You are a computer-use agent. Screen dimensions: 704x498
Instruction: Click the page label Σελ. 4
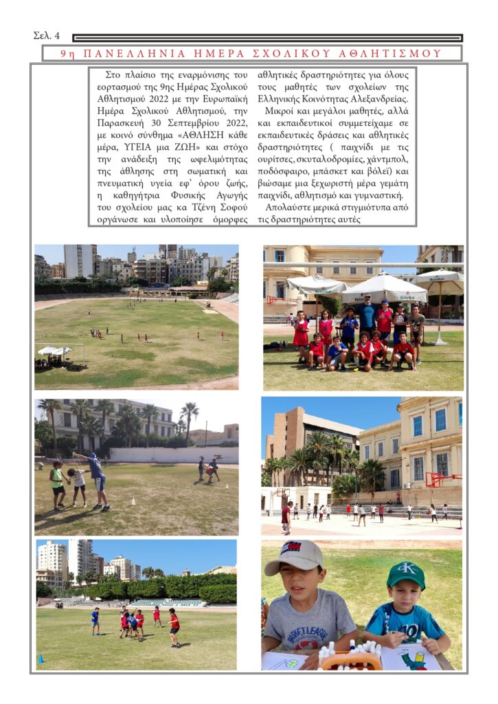(x=46, y=36)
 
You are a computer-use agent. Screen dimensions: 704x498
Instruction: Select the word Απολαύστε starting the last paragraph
(x=290, y=208)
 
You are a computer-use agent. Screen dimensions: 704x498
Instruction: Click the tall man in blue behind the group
(x=368, y=314)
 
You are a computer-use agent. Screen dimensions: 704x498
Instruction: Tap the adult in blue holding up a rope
(x=97, y=478)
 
